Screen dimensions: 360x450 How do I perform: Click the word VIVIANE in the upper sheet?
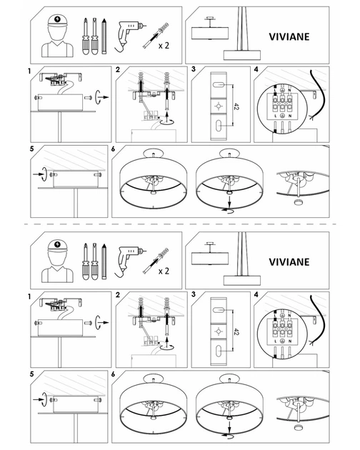point(289,36)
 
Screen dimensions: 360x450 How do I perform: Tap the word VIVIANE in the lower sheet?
point(289,262)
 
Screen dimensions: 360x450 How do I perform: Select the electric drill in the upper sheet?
point(129,36)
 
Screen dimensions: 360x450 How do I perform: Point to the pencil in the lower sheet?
point(104,261)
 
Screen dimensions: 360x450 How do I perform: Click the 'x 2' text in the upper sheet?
point(164,45)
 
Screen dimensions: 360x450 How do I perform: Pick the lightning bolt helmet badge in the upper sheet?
point(57,19)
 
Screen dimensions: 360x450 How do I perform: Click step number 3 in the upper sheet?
point(194,69)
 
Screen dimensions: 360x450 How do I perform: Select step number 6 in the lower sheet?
point(113,374)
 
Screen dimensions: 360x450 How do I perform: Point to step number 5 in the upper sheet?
point(32,149)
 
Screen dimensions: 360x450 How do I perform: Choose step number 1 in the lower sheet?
point(29,296)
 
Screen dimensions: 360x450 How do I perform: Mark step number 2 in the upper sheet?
point(118,70)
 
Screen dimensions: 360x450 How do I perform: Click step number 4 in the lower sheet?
point(256,294)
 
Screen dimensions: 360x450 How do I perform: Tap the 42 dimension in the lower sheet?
point(236,331)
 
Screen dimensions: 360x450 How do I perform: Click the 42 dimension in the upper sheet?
point(236,106)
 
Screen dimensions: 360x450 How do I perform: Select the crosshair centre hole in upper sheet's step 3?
point(219,106)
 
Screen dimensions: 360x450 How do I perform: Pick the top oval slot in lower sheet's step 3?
point(219,310)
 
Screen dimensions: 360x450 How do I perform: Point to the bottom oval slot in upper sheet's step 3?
point(219,126)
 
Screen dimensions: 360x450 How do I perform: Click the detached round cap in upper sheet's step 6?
point(299,202)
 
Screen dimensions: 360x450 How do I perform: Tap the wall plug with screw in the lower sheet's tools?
point(156,261)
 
